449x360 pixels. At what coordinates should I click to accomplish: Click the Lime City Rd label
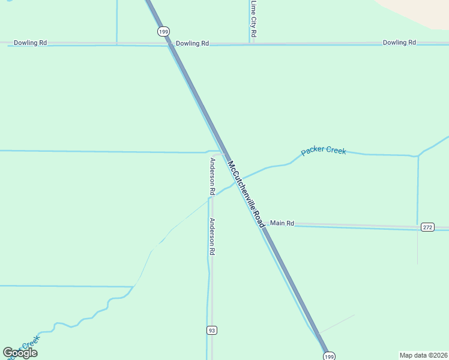click(254, 19)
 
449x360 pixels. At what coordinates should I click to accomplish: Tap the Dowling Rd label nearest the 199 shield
click(192, 44)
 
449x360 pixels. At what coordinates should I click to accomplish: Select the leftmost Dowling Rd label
click(30, 43)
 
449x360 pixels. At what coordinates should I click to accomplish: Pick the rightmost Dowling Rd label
click(399, 43)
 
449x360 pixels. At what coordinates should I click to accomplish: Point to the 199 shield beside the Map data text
click(329, 356)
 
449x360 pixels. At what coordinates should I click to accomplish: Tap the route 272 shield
click(427, 227)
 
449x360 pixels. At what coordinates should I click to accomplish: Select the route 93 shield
click(211, 331)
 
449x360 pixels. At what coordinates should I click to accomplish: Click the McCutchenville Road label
click(246, 193)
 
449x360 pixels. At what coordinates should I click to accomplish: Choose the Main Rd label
click(282, 223)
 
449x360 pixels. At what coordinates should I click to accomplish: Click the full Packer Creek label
click(324, 151)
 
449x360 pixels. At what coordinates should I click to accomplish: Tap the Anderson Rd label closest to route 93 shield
click(212, 236)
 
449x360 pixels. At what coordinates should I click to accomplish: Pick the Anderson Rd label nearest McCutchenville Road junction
click(212, 176)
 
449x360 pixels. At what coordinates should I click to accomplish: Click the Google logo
click(20, 353)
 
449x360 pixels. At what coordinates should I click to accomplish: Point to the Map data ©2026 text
click(423, 355)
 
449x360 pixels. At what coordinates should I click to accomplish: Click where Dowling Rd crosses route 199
click(170, 44)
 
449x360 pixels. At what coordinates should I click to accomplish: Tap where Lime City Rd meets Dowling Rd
click(250, 43)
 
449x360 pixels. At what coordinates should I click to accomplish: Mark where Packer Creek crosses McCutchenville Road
click(237, 180)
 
